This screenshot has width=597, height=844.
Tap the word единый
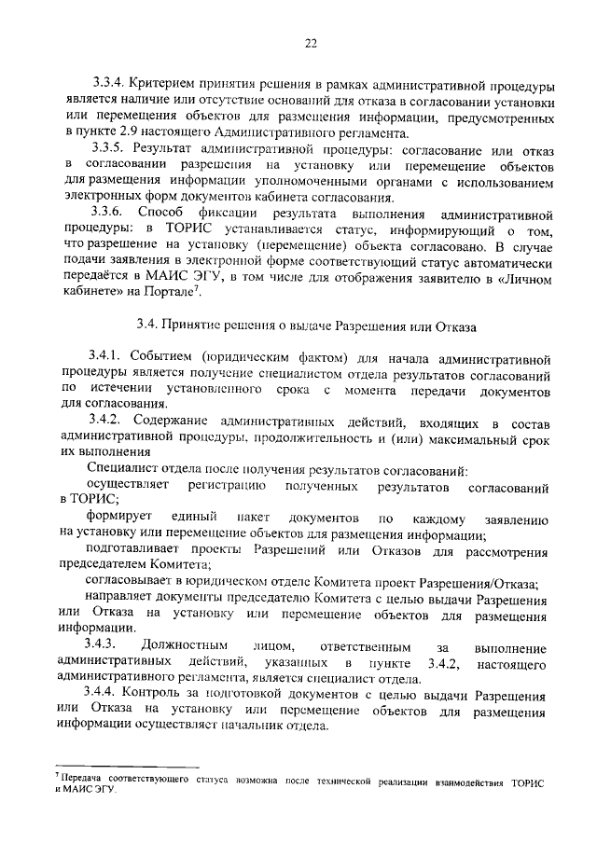pos(195,517)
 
